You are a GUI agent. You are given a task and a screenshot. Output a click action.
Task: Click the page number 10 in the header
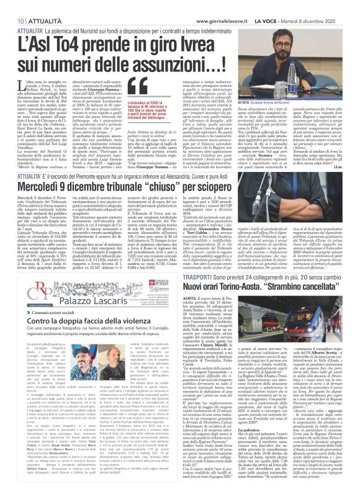(x=12, y=4)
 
